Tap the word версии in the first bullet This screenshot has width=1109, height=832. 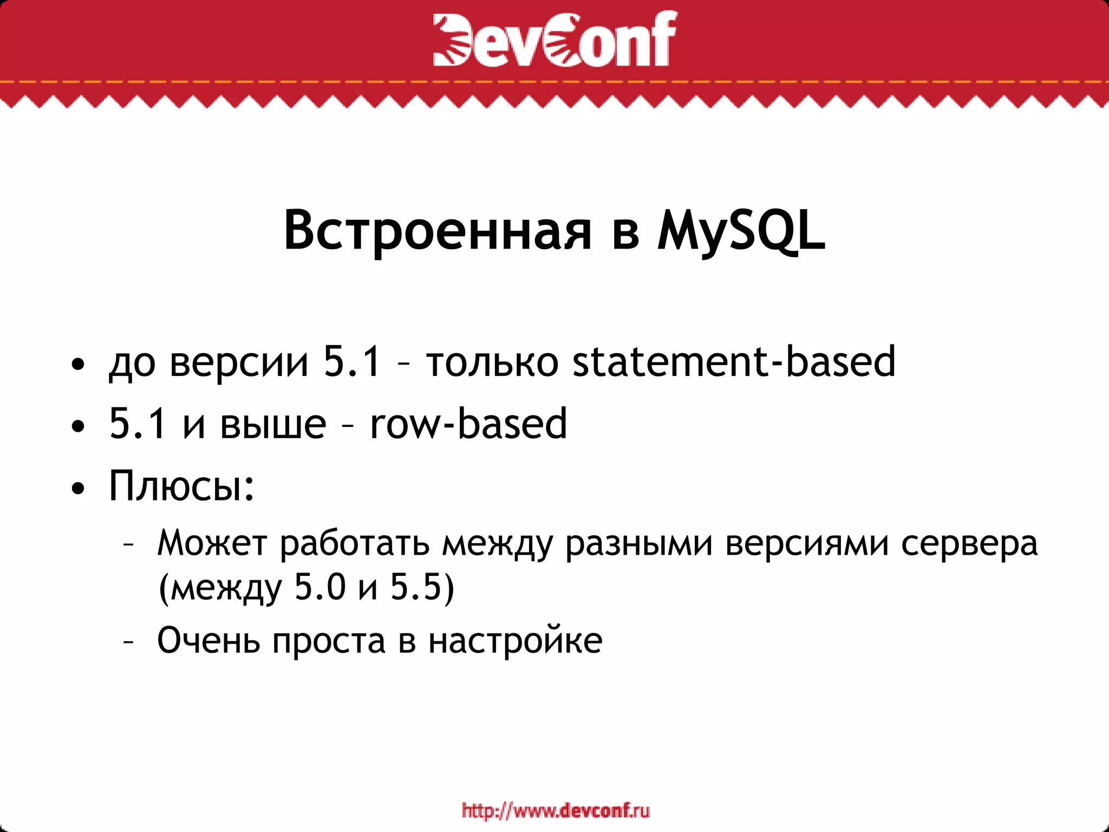coord(239,362)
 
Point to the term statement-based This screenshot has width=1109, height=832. coord(734,362)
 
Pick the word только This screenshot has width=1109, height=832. coord(492,362)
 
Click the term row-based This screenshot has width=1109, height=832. coord(468,424)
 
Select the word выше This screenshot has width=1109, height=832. coord(273,424)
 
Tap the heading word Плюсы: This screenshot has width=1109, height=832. coord(182,485)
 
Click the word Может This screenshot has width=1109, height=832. coord(212,543)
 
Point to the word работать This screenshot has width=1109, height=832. coord(355,543)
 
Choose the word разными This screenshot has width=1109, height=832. coord(639,543)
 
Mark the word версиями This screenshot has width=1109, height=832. coord(807,543)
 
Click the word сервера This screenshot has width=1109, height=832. coord(969,543)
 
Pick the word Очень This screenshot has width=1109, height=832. coord(208,640)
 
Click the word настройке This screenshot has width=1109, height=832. coord(515,640)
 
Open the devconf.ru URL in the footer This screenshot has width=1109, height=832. coord(556,811)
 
